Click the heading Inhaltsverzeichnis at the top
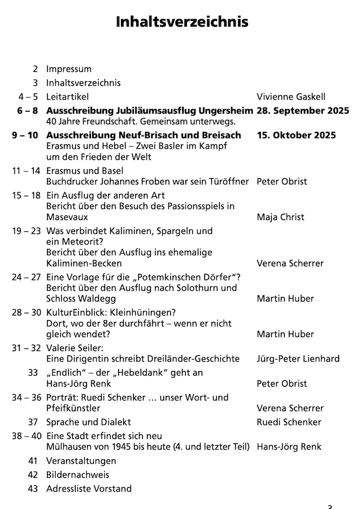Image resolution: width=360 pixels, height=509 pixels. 181,22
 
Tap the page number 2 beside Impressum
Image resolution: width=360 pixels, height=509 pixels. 36,69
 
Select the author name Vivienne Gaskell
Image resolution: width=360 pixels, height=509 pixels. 290,97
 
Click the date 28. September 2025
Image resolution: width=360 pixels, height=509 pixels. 302,110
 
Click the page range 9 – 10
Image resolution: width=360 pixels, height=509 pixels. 25,135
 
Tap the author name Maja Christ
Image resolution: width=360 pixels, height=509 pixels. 280,217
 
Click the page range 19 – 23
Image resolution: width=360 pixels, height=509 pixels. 27,231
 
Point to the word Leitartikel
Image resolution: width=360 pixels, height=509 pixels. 68,97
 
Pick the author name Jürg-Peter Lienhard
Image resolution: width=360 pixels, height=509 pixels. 298,359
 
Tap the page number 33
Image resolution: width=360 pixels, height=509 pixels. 33,373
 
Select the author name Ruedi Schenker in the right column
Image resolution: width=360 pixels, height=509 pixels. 289,422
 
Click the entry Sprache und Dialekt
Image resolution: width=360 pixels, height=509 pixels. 88,422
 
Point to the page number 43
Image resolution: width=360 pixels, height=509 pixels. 33,489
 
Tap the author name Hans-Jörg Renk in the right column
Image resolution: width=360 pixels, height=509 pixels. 289,447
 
